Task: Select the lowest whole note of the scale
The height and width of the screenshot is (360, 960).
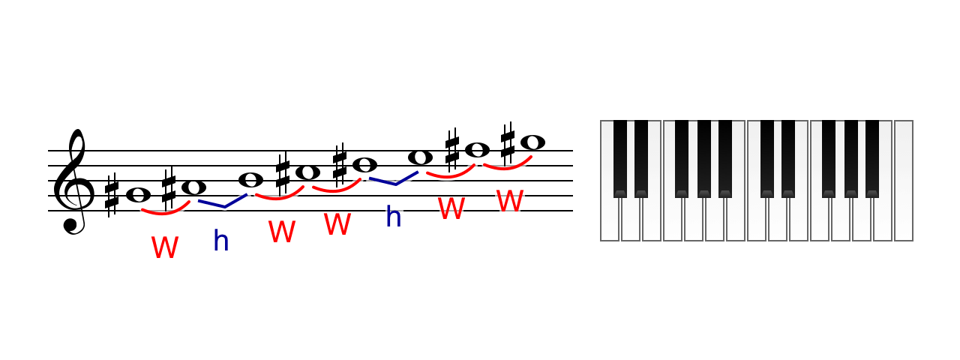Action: click(x=139, y=195)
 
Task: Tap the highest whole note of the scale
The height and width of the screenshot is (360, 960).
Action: click(x=532, y=142)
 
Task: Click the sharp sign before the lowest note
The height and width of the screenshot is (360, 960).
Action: click(x=112, y=196)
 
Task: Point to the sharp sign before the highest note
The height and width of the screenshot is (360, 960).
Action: click(x=508, y=144)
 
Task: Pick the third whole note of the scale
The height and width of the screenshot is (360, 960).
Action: click(x=250, y=179)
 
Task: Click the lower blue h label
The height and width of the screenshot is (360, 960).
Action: click(x=221, y=241)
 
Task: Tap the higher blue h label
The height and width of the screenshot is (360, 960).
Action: click(x=394, y=216)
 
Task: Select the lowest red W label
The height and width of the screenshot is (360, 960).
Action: click(x=165, y=247)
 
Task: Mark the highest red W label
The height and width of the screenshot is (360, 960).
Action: click(x=510, y=200)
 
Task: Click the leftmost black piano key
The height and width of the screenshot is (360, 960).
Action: click(x=620, y=158)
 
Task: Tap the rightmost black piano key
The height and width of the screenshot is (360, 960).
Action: click(x=872, y=158)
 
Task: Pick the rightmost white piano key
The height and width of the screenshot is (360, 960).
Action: click(x=904, y=181)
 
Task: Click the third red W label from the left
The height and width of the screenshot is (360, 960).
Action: click(x=337, y=223)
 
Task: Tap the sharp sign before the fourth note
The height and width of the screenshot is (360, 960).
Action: click(x=283, y=175)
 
